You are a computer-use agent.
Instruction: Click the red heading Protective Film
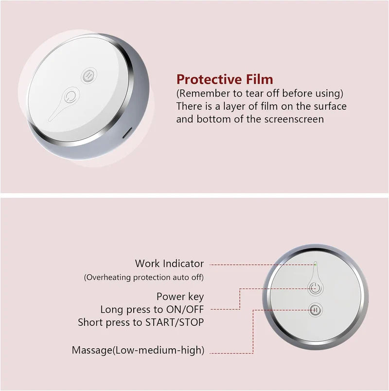click(225, 79)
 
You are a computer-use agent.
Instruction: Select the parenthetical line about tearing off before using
click(260, 93)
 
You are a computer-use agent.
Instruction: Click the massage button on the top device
click(88, 75)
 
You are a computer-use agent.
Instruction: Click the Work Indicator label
click(169, 264)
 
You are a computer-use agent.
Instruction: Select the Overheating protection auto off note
click(143, 277)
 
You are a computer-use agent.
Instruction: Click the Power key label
click(180, 296)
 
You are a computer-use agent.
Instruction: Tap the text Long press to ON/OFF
click(152, 309)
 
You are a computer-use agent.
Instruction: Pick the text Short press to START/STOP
click(141, 322)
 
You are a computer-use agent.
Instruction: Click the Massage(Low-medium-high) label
click(138, 350)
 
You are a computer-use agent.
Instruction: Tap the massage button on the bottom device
click(316, 309)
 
